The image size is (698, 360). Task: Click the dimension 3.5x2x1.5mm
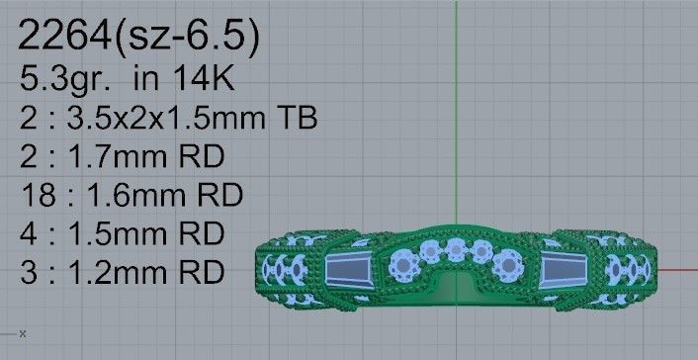point(168,120)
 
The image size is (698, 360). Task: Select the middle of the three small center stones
point(458,247)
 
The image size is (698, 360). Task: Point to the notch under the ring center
point(458,286)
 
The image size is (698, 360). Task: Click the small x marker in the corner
point(22,333)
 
